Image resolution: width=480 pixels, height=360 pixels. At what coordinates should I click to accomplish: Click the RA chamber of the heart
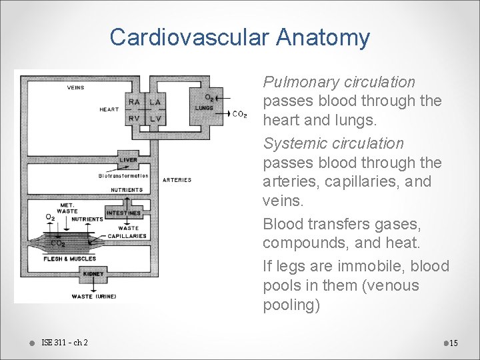click(x=135, y=102)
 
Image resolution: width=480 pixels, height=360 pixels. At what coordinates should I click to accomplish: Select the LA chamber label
click(x=155, y=102)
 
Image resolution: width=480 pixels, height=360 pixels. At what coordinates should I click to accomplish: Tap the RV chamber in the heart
click(x=135, y=119)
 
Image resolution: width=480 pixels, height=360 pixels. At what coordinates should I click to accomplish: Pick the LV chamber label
click(x=155, y=119)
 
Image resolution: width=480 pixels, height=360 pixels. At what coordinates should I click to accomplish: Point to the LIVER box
click(x=129, y=160)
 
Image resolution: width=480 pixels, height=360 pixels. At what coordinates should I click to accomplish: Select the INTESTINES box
click(x=124, y=213)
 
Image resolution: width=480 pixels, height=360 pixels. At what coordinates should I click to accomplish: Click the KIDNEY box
click(x=93, y=274)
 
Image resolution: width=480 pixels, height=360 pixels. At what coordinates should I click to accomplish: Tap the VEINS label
click(x=75, y=87)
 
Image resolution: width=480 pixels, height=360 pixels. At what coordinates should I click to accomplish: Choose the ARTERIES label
click(x=177, y=179)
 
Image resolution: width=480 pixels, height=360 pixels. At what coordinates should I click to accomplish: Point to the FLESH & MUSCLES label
click(x=69, y=259)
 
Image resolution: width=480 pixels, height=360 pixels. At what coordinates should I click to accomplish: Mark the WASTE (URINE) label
click(x=91, y=296)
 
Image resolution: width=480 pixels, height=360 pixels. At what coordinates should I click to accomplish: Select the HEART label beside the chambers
click(x=109, y=109)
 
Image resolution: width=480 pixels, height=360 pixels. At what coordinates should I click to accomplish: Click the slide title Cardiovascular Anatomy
click(x=239, y=37)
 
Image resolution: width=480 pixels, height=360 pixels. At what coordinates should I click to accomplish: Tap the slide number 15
click(x=453, y=343)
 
